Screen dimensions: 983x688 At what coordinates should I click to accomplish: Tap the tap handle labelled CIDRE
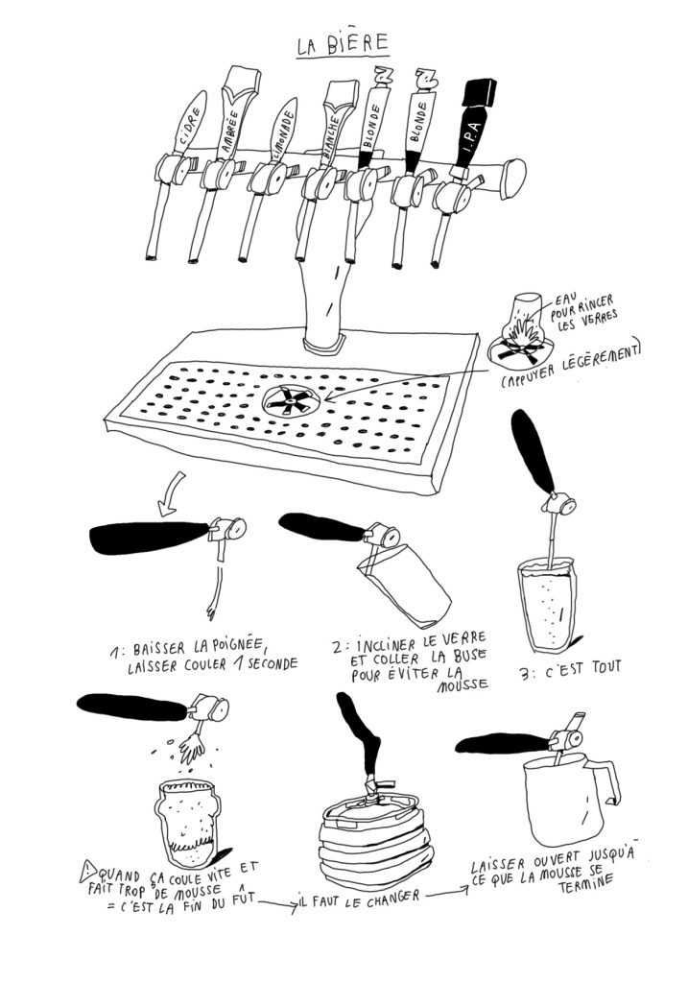click(x=186, y=124)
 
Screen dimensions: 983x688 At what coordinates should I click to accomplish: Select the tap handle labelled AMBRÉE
click(x=233, y=120)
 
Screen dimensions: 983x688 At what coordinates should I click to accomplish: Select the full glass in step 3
click(x=546, y=603)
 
